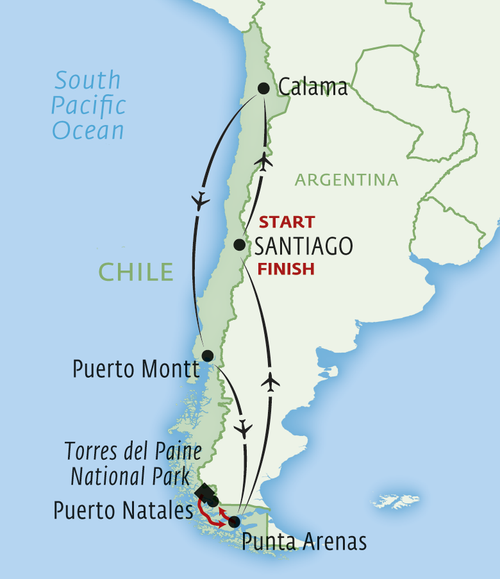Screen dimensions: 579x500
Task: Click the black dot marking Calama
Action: tap(263, 88)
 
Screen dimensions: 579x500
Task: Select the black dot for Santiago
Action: tap(238, 244)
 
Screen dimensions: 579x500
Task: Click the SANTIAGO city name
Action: tap(303, 246)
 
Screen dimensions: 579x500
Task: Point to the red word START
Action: tap(287, 222)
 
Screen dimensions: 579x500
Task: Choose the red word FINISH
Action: tap(286, 269)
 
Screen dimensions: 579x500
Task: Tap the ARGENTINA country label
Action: tap(346, 180)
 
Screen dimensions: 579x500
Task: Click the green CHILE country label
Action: tap(136, 272)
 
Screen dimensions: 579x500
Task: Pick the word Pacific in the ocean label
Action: tap(89, 106)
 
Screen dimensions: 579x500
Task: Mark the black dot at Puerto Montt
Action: tap(207, 356)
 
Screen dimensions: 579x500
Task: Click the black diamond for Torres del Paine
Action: tap(204, 492)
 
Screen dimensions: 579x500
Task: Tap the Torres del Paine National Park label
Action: tap(133, 464)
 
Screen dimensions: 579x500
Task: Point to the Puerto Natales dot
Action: tap(213, 501)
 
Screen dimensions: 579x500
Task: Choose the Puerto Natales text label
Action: tap(123, 511)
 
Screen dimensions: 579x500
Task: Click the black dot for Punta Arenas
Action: tap(235, 521)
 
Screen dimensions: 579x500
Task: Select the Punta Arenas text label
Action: tap(304, 542)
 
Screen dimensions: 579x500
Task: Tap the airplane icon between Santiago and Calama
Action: tap(262, 162)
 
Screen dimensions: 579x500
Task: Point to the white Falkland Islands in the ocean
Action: tap(395, 500)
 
